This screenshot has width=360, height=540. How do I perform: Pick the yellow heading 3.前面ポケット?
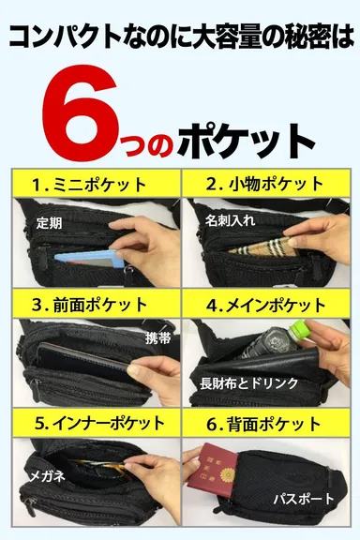click(x=89, y=305)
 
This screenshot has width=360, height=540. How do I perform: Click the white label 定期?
click(x=49, y=224)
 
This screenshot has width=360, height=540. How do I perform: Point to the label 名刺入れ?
click(x=230, y=219)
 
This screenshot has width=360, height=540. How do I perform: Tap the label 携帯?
click(x=157, y=338)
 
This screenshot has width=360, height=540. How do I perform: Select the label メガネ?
click(x=45, y=476)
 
